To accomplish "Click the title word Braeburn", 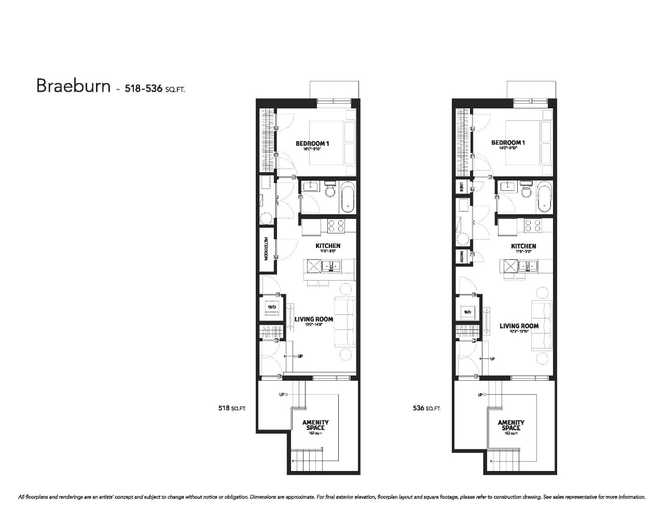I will (x=73, y=86).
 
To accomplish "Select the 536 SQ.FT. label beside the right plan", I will (x=426, y=408).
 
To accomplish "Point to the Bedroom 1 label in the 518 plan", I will (x=313, y=144).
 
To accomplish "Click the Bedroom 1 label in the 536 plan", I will (x=508, y=143).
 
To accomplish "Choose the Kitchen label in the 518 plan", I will (x=328, y=246).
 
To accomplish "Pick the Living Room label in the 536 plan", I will (x=519, y=326).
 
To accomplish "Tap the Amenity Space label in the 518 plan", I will (x=315, y=425).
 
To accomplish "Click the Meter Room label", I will (x=266, y=248).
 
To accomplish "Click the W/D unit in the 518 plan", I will (x=272, y=308).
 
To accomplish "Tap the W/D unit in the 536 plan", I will (x=467, y=312).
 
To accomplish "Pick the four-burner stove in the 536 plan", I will (x=532, y=226).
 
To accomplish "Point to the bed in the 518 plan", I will (x=332, y=143).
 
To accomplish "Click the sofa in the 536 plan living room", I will (x=541, y=326).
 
